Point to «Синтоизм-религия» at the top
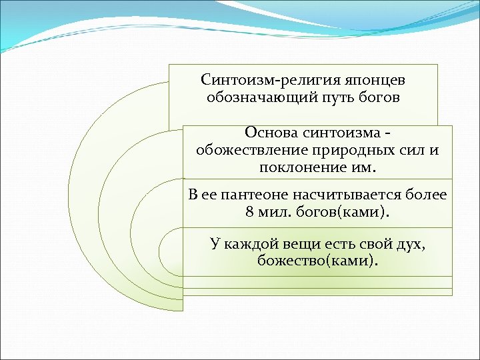tap(262, 80)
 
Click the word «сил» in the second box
tap(412, 149)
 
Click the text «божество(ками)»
tap(317, 261)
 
